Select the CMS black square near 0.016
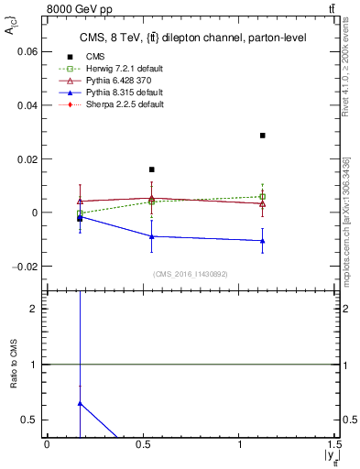click(152, 169)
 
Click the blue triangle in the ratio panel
click(81, 403)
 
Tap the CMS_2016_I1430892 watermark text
click(190, 274)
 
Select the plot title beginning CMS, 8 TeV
click(191, 38)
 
